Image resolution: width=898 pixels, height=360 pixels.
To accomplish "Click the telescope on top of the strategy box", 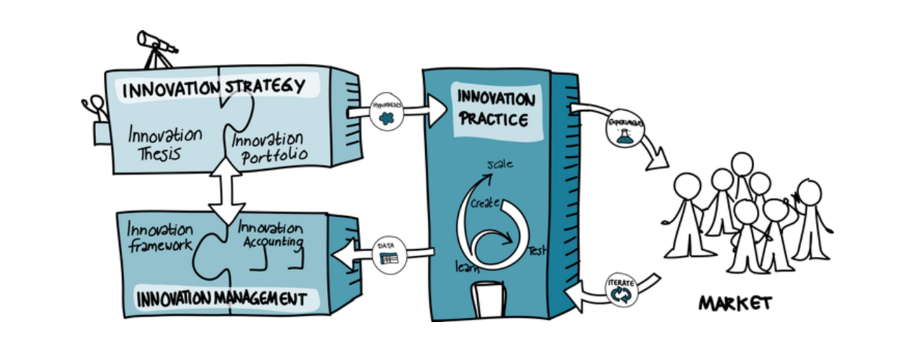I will coord(155,43).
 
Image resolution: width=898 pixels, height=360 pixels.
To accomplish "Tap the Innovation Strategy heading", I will coord(214,88).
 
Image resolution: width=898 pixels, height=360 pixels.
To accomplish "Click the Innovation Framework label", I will coord(160,237).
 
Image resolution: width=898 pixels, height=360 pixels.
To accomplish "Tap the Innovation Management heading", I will coord(222,300).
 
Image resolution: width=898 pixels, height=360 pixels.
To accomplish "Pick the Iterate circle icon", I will coord(621,293).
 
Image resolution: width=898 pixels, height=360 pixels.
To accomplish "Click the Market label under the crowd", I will coord(735,303).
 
